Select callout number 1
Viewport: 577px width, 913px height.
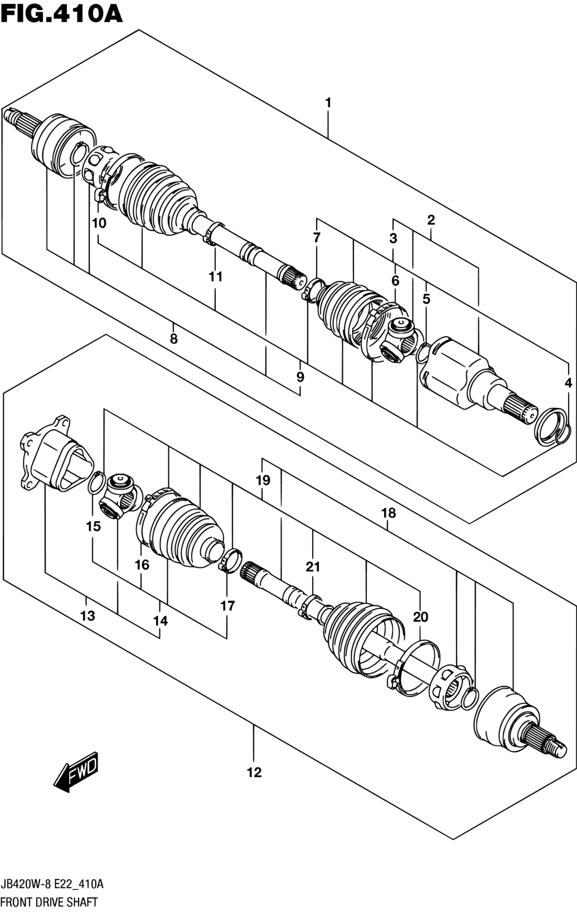point(328,103)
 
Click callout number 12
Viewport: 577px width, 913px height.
point(255,772)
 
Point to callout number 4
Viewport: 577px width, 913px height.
point(568,383)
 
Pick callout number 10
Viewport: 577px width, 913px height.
point(99,223)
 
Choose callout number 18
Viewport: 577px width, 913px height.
point(389,513)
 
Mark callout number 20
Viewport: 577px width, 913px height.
point(421,617)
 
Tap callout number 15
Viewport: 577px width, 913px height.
point(93,526)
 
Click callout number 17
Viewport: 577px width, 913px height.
point(227,606)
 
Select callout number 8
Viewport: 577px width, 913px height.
point(174,339)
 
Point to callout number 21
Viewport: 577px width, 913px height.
point(313,566)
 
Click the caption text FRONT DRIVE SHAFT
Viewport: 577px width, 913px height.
point(49,902)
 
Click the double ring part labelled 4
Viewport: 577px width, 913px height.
point(553,426)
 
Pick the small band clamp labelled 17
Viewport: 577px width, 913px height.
point(231,560)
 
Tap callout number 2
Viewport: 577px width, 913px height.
point(431,220)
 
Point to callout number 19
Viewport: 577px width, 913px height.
point(263,480)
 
